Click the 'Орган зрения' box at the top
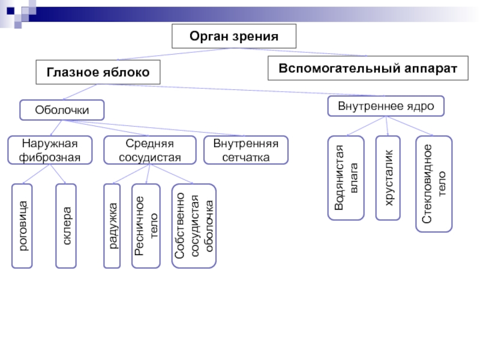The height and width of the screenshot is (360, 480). tap(234, 37)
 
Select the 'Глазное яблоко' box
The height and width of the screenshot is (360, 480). tap(99, 72)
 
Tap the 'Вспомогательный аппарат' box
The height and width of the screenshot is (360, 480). tap(368, 68)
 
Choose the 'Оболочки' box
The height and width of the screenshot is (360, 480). tap(62, 110)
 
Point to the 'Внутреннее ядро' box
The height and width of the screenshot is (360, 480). tap(386, 106)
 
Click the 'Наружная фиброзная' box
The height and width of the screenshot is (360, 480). tap(50, 150)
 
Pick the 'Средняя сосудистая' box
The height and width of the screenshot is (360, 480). tap(149, 150)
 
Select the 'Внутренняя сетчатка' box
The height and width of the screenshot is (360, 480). tap(245, 150)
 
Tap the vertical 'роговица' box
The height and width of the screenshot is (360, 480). tap(23, 226)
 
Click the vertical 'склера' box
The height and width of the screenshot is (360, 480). tap(67, 226)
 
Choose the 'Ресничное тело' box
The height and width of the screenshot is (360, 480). tap(146, 226)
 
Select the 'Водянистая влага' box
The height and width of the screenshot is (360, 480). tap(345, 178)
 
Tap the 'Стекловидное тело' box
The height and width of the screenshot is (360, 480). tap(434, 184)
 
